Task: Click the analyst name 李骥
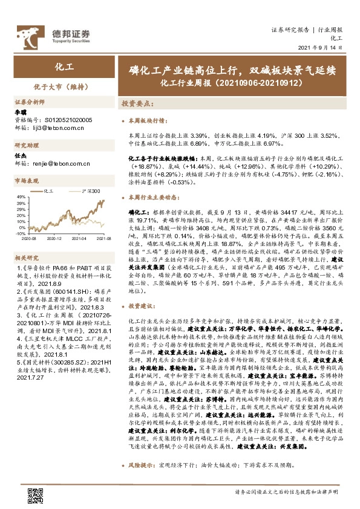click(21, 112)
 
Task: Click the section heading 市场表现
click(25, 181)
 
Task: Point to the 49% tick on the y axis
click(20, 196)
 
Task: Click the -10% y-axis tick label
click(20, 233)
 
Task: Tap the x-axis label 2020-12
click(54, 239)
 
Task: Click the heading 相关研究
click(25, 257)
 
